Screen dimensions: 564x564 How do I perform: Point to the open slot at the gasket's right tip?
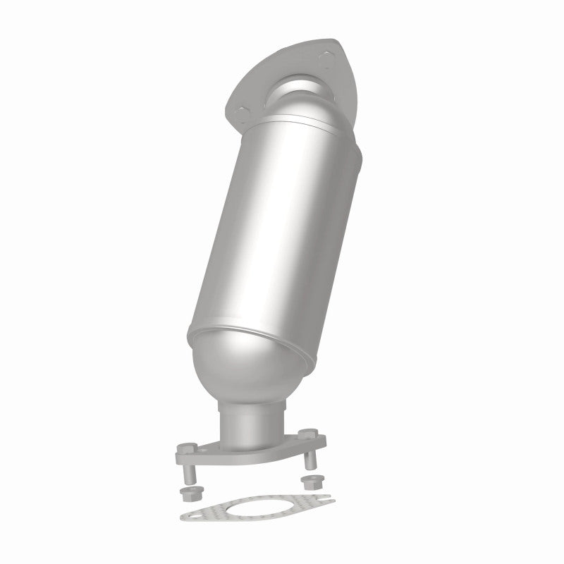pyautogui.click(x=326, y=502)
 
